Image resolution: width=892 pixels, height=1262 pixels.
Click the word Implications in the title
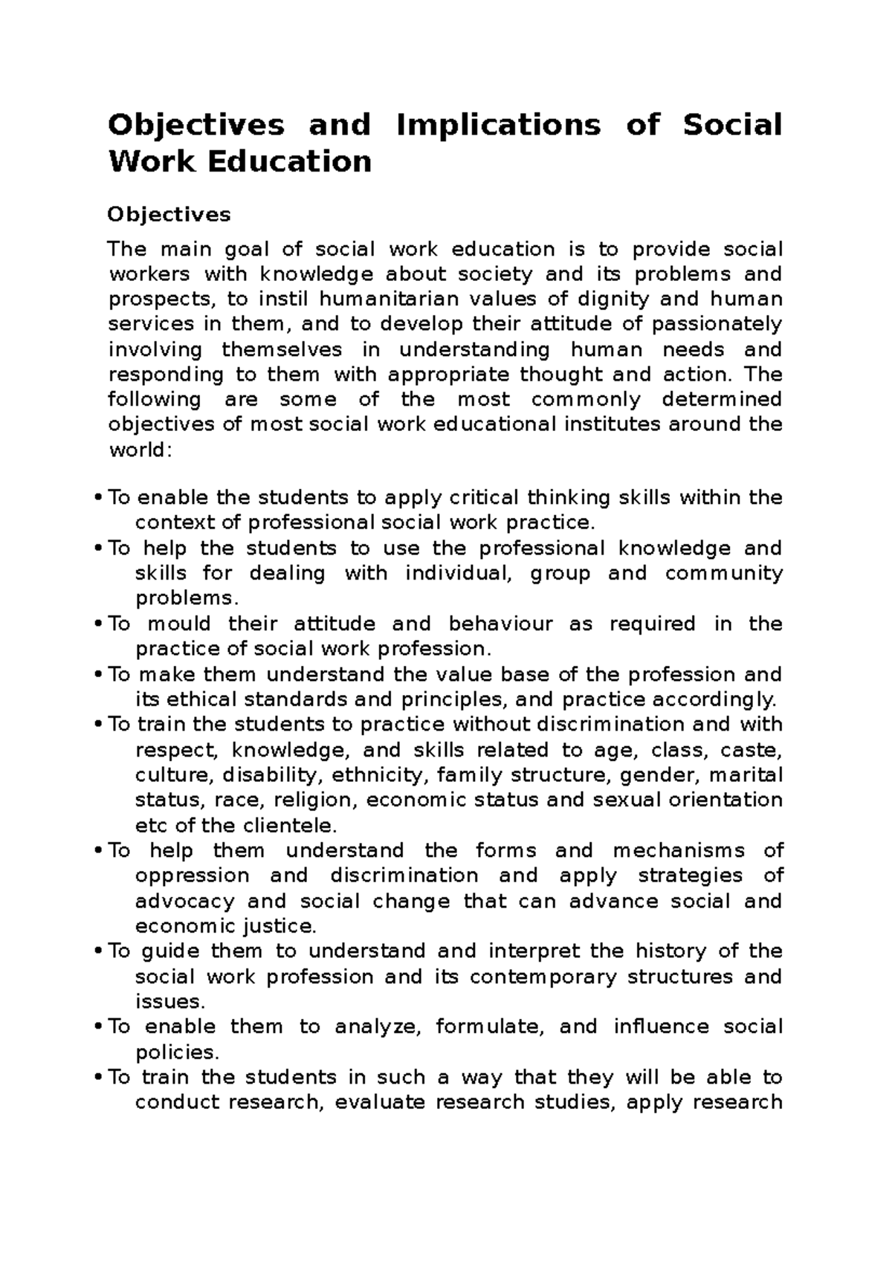click(498, 125)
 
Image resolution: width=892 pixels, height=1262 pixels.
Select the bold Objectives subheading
click(169, 215)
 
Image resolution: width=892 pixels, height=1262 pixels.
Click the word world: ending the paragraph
click(140, 450)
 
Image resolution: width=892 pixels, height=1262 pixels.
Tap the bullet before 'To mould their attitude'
click(99, 624)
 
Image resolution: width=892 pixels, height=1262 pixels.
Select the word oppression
click(192, 876)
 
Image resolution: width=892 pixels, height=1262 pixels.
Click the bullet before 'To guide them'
click(99, 951)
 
